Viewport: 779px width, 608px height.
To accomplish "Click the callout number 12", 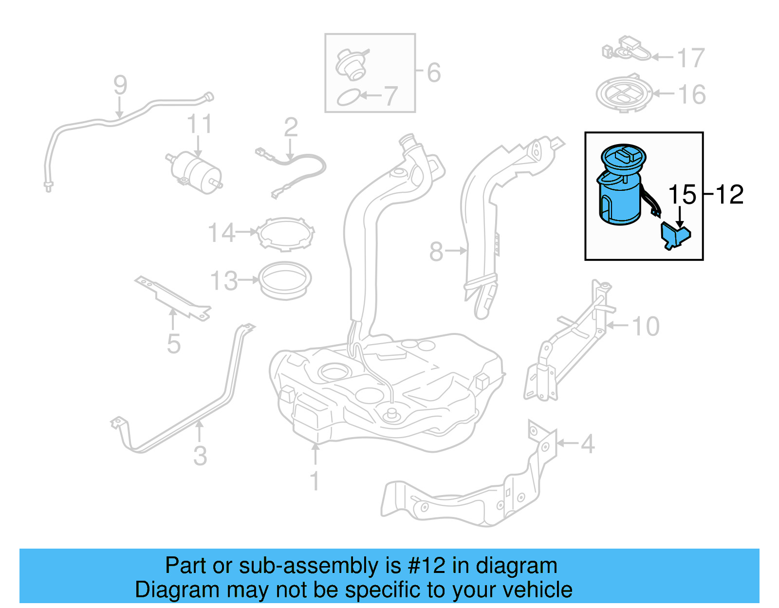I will pyautogui.click(x=729, y=195).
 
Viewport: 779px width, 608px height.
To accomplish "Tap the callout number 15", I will pyautogui.click(x=682, y=195).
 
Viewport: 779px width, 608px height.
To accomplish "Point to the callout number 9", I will pyautogui.click(x=120, y=85).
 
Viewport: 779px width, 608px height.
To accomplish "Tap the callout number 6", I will pyautogui.click(x=434, y=73).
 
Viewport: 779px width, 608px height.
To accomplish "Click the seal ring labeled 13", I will pyautogui.click(x=285, y=281).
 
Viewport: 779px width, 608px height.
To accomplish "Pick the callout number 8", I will pyautogui.click(x=436, y=252).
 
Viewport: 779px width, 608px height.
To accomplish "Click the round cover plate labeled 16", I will pyautogui.click(x=624, y=93).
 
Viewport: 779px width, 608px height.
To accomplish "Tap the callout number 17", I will pyautogui.click(x=691, y=58).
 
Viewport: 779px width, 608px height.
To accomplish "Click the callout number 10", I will pyautogui.click(x=646, y=326).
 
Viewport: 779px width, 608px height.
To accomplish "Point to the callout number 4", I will pyautogui.click(x=588, y=444).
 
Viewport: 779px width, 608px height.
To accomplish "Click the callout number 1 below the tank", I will pyautogui.click(x=315, y=480).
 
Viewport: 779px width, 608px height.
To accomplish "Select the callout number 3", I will pyautogui.click(x=200, y=456).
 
